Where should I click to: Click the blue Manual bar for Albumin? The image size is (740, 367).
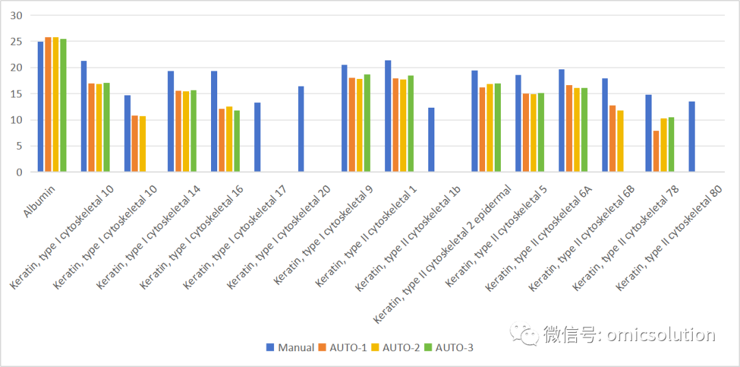click(40, 107)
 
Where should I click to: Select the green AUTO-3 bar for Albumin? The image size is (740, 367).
click(63, 106)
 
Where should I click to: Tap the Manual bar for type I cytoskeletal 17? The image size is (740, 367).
click(257, 137)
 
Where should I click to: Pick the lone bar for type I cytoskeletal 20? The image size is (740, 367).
click(301, 129)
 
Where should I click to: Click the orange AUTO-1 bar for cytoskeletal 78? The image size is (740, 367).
click(656, 151)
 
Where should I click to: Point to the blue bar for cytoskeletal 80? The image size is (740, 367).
click(691, 137)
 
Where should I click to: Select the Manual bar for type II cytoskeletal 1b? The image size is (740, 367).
click(431, 140)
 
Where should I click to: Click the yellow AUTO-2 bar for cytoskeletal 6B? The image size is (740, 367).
click(620, 141)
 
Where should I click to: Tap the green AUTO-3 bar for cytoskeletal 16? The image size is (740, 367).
click(237, 141)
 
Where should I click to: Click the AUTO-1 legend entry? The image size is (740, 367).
click(343, 348)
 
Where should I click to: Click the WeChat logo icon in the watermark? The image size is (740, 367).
click(524, 333)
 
